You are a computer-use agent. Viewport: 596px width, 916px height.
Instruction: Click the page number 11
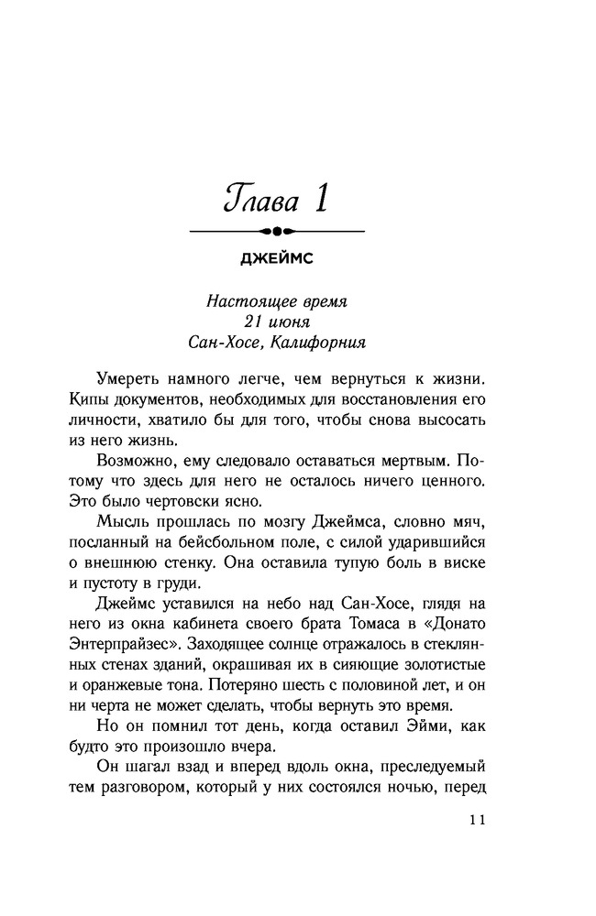click(475, 821)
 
